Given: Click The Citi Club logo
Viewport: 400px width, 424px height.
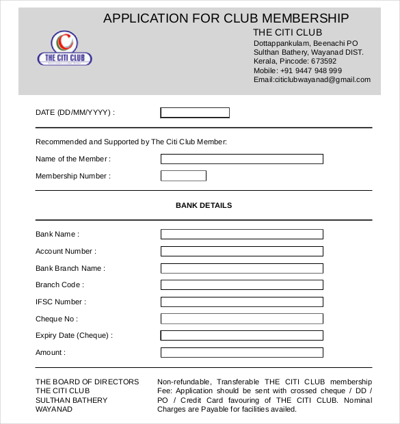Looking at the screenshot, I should tap(64, 49).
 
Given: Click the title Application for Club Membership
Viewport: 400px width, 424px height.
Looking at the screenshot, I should tap(226, 18).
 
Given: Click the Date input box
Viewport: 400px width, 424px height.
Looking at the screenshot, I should tap(195, 113).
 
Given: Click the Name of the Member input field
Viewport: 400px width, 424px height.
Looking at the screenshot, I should tap(241, 159).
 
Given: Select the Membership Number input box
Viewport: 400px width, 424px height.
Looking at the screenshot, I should tap(183, 176).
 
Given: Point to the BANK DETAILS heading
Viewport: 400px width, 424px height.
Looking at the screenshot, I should tap(204, 205).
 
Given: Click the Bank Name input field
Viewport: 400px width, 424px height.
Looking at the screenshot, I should tap(241, 234).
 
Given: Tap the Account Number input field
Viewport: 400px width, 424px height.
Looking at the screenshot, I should tap(241, 251).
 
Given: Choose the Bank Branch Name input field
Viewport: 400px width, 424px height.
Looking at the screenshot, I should tap(241, 268).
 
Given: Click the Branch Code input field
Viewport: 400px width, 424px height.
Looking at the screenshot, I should tap(241, 284).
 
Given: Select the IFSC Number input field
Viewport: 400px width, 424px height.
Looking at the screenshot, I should tap(241, 302).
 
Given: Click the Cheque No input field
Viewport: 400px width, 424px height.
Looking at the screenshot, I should tap(241, 319).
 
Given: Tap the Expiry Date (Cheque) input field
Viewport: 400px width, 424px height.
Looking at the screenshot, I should tap(241, 335).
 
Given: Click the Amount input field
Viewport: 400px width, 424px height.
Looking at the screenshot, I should tap(241, 352).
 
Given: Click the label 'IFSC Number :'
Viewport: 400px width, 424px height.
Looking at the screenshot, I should tap(60, 302).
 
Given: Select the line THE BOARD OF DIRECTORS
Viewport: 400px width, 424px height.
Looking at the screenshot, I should tap(87, 382).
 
